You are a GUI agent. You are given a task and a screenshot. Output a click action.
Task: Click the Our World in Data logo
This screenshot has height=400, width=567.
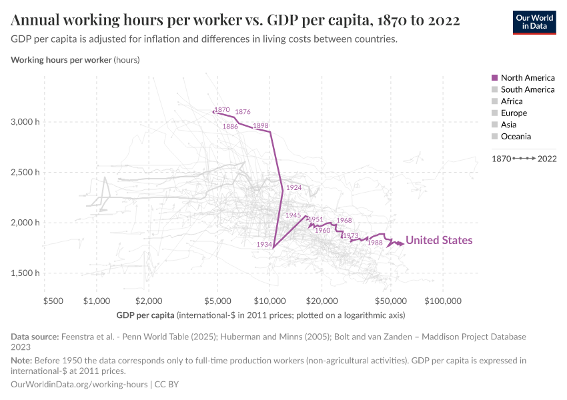click(534, 21)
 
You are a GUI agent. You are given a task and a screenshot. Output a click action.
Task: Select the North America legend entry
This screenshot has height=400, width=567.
click(527, 78)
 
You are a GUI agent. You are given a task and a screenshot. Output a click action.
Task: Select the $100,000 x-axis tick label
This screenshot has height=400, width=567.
click(443, 301)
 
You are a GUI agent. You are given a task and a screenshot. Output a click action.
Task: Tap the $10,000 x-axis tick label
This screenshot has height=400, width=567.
click(270, 301)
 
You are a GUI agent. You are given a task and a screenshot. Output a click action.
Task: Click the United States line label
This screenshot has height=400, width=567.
click(439, 241)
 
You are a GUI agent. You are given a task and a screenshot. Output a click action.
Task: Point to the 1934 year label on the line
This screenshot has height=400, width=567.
click(264, 245)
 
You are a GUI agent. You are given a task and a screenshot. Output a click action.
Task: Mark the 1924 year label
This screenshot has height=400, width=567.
click(294, 188)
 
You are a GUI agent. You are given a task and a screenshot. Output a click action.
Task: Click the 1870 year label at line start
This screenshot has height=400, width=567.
click(222, 110)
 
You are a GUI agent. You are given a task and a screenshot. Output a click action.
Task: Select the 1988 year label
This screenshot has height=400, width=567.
click(375, 243)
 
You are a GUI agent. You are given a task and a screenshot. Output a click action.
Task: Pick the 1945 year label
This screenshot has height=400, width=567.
click(293, 215)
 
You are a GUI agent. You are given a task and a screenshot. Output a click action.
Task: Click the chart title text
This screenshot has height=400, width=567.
click(235, 20)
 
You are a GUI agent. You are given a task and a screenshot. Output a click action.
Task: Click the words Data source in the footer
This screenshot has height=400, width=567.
click(34, 337)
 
